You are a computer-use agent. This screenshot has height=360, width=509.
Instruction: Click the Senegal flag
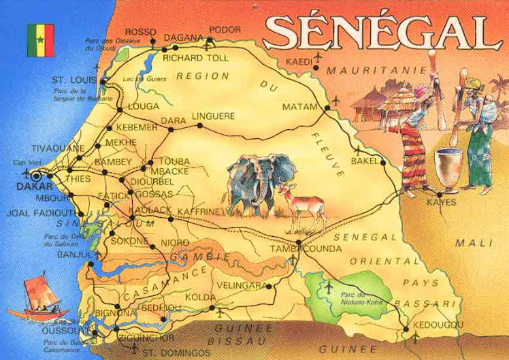tap(40, 39)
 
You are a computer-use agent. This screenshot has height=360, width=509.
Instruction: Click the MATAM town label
tap(300, 107)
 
